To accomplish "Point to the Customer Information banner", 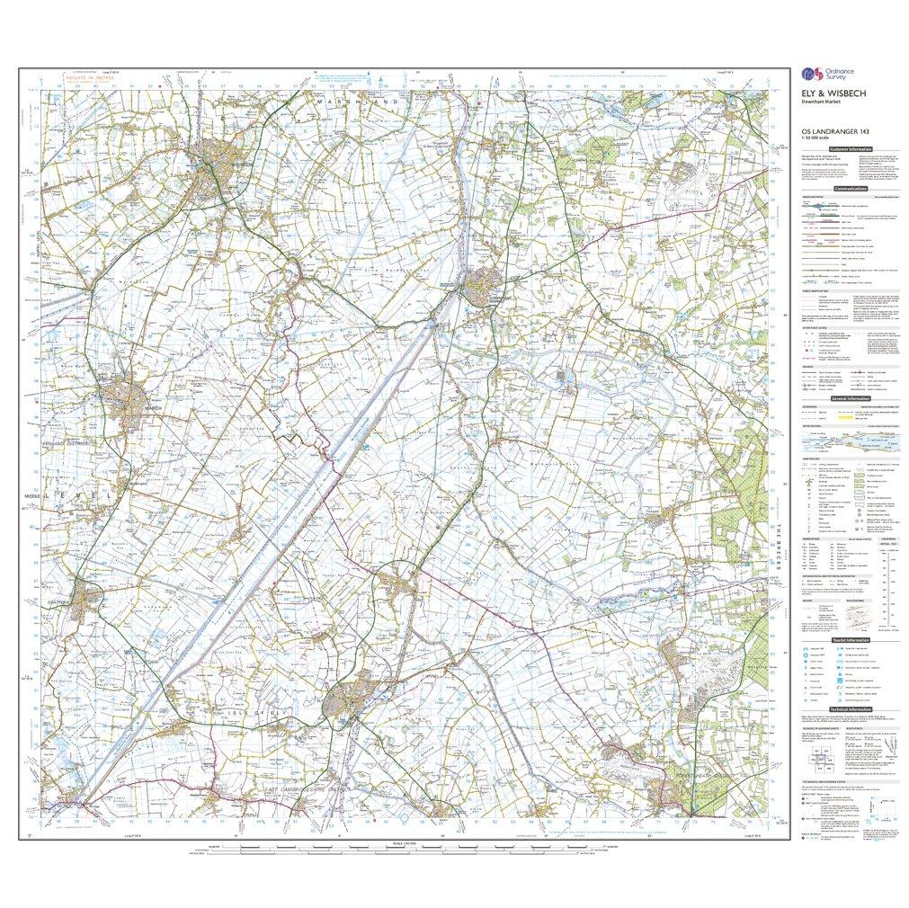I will click(x=850, y=148).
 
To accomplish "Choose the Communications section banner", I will click(x=850, y=189).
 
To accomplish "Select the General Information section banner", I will click(x=850, y=397).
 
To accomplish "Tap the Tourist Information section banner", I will click(x=850, y=639).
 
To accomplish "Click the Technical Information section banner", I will click(x=850, y=708).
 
